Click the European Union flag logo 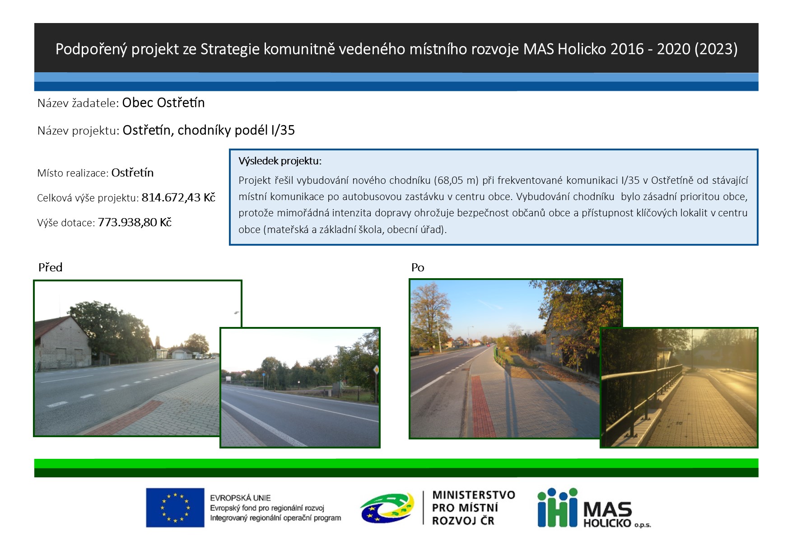tap(175, 508)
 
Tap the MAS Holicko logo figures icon tap(557, 508)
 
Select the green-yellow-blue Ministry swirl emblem tap(387, 508)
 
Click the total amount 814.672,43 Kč tap(178, 197)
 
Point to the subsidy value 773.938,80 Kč tap(135, 222)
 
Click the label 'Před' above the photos tap(50, 267)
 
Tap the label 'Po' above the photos tap(418, 267)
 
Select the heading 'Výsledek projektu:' tap(280, 161)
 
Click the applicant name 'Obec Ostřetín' tap(163, 103)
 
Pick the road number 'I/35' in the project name tap(283, 130)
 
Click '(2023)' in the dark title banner tap(716, 49)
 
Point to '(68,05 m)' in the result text tap(456, 181)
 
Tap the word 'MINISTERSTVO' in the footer tap(474, 495)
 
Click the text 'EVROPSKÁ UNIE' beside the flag tap(240, 498)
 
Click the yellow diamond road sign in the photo tap(376, 369)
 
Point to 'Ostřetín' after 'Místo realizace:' tap(132, 173)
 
